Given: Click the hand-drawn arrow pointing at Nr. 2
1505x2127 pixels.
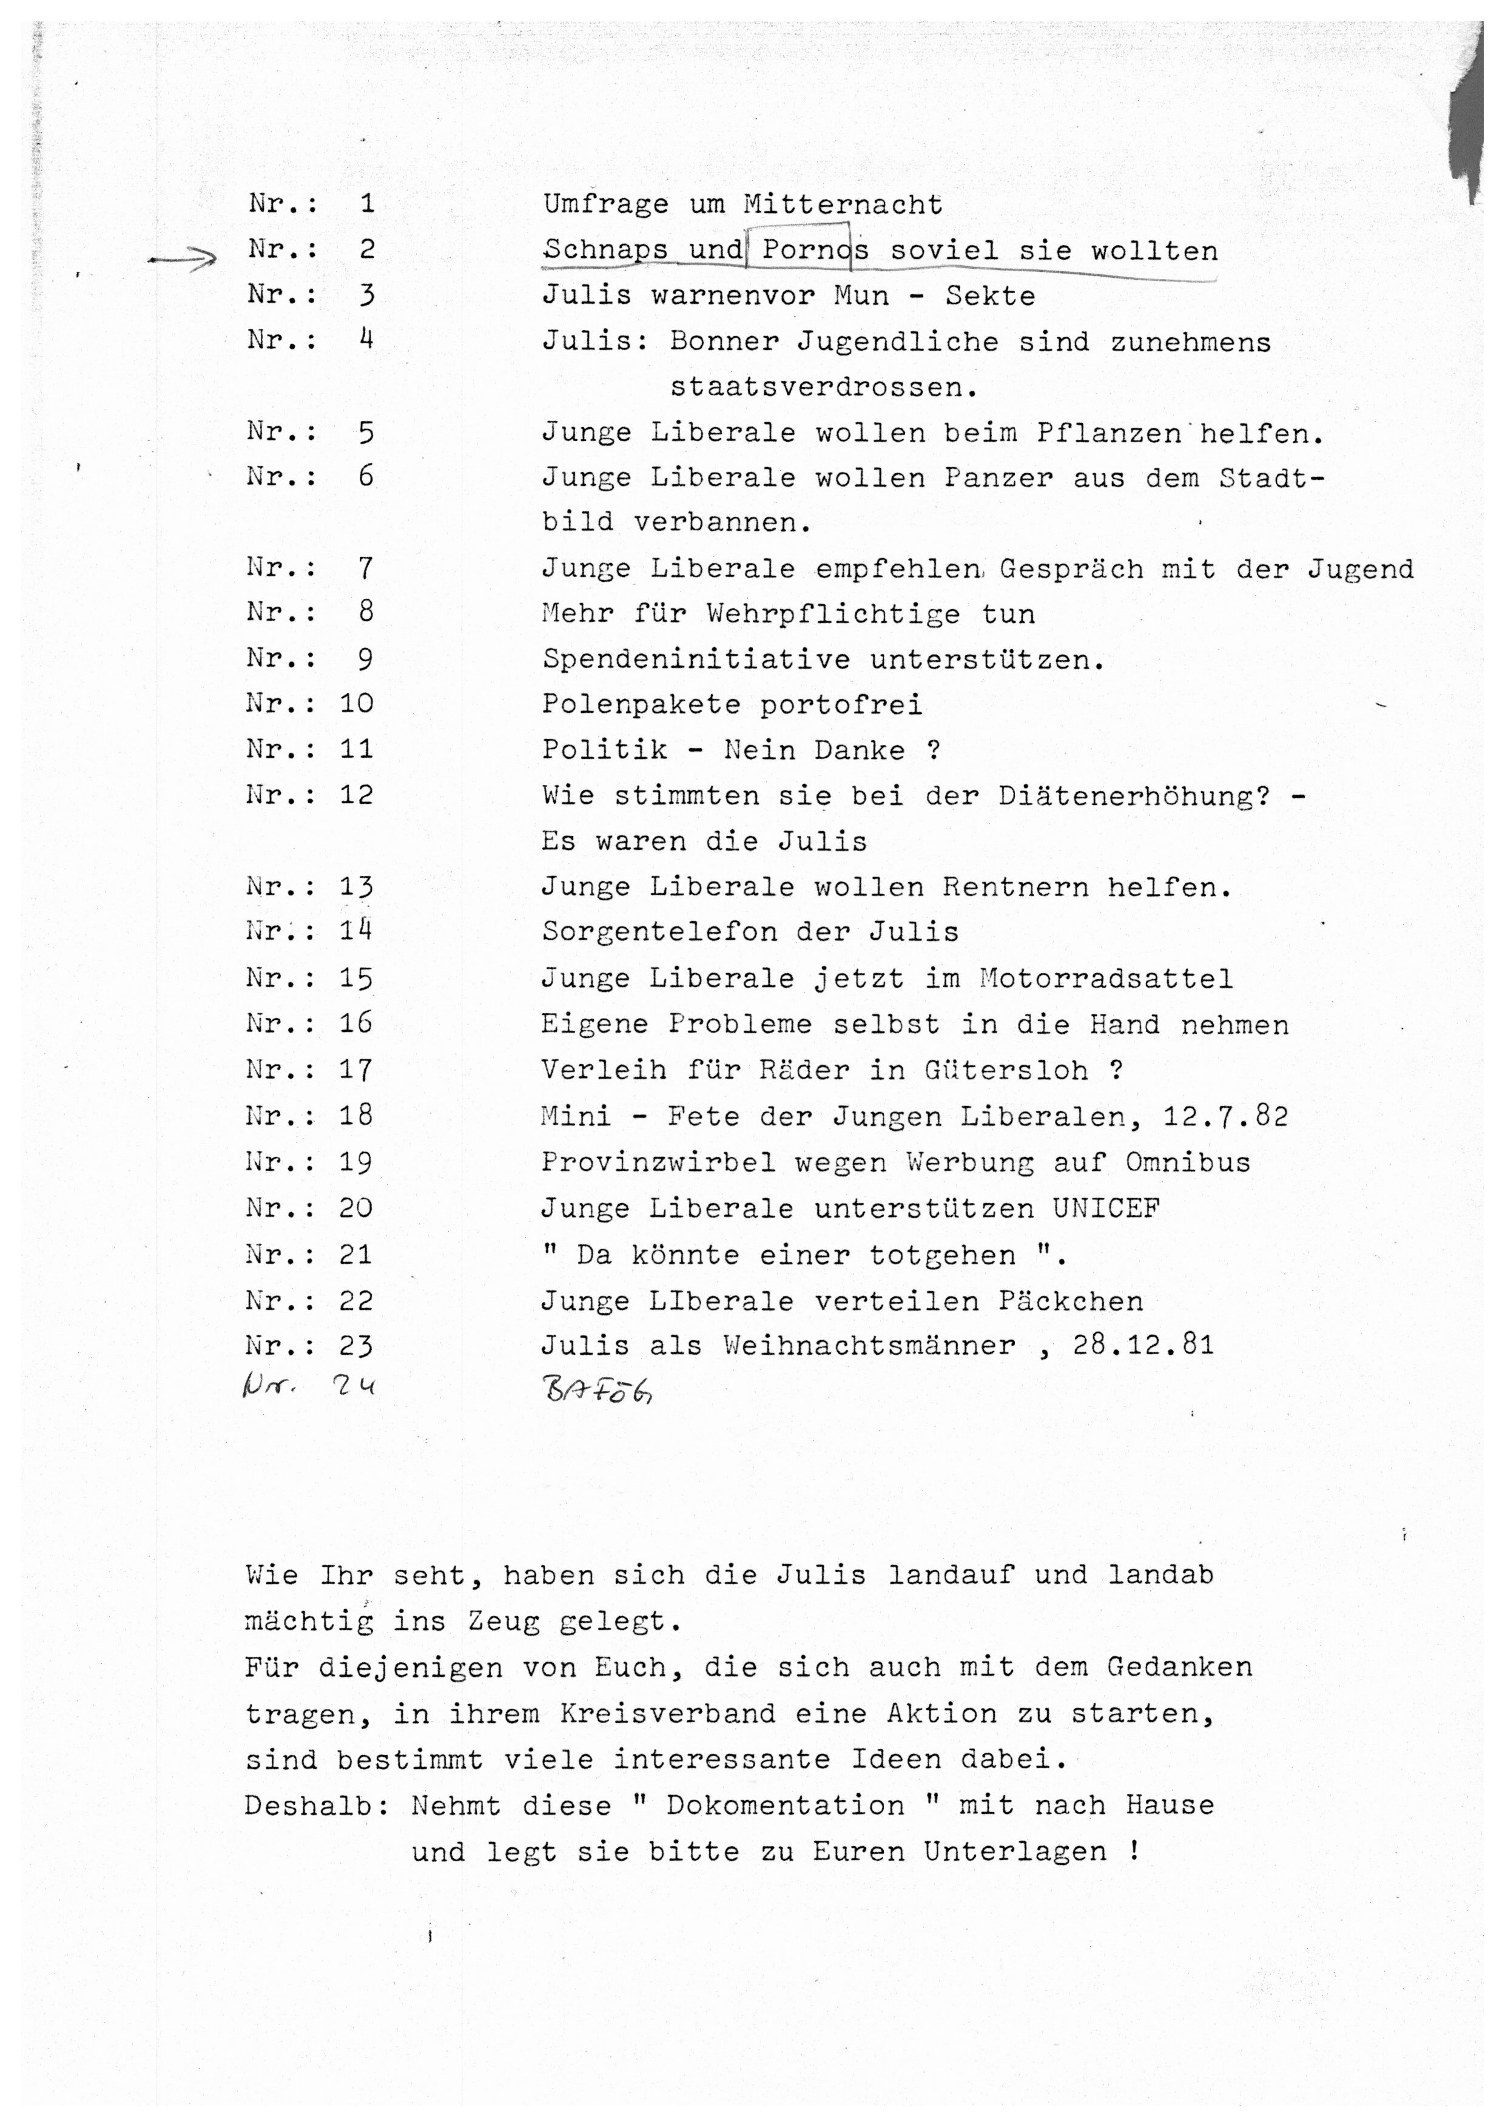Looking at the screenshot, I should [183, 260].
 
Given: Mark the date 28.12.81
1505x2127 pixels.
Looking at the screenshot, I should [1143, 1345].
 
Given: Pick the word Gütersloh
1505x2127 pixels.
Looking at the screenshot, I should [1006, 1070].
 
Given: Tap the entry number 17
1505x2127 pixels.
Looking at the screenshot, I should [355, 1070].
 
